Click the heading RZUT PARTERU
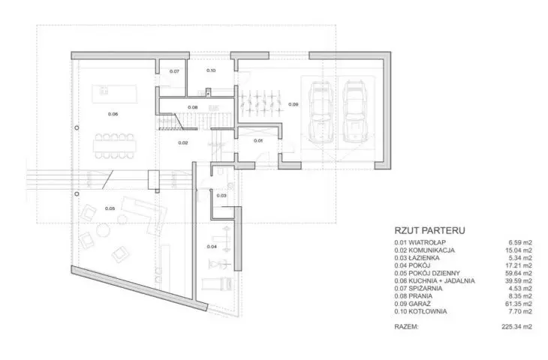point(429,230)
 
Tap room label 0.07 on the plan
point(174,71)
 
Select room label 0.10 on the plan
point(211,70)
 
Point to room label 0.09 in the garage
point(294,104)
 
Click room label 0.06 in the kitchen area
point(113,114)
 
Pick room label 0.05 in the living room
point(110,208)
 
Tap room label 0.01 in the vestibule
point(258,141)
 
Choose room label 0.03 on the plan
point(221,196)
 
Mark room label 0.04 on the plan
point(212,247)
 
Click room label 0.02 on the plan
point(183,142)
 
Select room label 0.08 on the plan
point(193,107)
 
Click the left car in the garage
point(320,112)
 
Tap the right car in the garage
point(353,112)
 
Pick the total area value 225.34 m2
point(517,327)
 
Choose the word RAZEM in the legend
point(406,327)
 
